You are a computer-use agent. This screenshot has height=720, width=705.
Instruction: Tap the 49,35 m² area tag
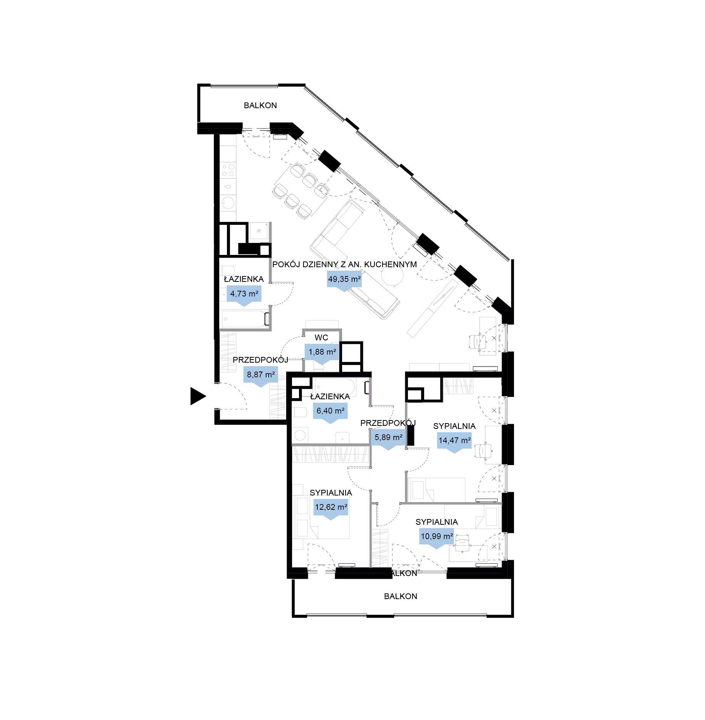[x=344, y=280]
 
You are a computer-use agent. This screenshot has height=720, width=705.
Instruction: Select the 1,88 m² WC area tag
[x=322, y=353]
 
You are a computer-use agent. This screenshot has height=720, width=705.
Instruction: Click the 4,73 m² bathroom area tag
[x=244, y=295]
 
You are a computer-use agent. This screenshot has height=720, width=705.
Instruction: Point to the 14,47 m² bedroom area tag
[x=455, y=442]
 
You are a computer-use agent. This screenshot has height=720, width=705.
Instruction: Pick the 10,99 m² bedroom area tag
[x=437, y=537]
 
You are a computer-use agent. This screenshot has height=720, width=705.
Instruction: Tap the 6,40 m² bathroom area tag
[x=331, y=412]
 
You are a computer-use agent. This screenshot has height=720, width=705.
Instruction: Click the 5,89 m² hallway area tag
[x=388, y=439]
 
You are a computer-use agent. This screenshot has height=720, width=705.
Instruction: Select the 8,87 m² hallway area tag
[x=261, y=375]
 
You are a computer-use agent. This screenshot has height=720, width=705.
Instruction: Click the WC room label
[x=321, y=338]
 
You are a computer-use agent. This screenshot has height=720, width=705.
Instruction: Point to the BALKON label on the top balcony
[x=260, y=105]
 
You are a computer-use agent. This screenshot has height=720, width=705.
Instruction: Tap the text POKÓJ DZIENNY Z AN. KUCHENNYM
[x=344, y=265]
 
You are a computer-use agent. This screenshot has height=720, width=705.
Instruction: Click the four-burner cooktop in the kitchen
[x=228, y=170]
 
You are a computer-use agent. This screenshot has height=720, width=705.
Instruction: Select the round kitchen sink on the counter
[x=228, y=202]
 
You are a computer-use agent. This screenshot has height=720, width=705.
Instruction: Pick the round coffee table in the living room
[x=392, y=276]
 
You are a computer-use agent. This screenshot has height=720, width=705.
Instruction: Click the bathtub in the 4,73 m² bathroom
[x=245, y=319]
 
